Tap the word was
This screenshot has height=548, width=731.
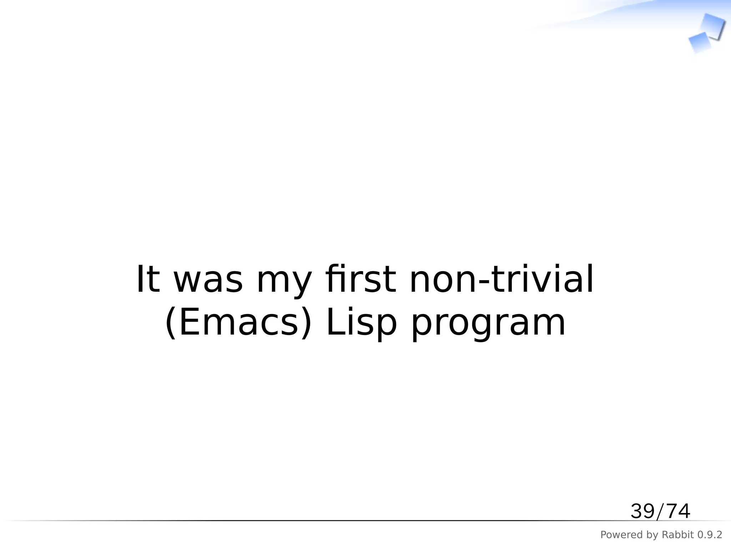208,280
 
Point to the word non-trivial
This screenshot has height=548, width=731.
501,279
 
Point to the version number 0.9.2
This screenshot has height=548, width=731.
710,535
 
